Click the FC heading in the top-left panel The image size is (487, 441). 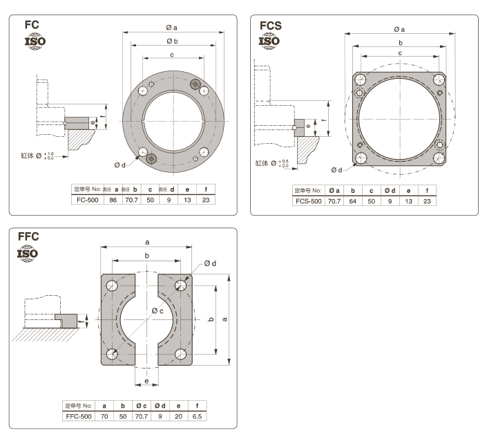(x=31, y=25)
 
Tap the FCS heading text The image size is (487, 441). (x=271, y=26)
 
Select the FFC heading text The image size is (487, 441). (x=28, y=236)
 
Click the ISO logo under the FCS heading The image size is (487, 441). (x=269, y=40)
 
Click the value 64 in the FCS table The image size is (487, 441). (x=352, y=200)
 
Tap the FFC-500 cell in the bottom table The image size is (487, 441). (x=79, y=417)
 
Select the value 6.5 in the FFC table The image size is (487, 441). (x=198, y=417)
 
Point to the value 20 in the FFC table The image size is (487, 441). (x=179, y=417)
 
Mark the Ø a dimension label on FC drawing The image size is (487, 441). (x=172, y=28)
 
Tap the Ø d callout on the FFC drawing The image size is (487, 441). (x=210, y=263)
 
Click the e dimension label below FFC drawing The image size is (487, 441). (x=146, y=381)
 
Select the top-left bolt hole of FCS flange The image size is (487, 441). (x=360, y=79)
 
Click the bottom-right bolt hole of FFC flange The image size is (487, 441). (x=182, y=355)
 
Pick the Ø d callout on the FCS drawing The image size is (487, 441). (x=336, y=169)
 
